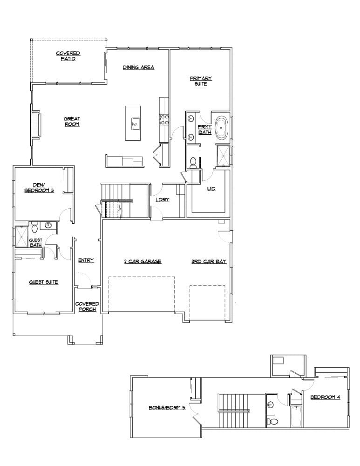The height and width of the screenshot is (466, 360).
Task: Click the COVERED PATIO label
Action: point(68,56)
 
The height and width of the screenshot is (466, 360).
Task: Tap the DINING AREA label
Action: point(138,68)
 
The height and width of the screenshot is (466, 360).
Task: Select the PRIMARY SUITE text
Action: point(201,81)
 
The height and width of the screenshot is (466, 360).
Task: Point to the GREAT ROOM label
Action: point(72,122)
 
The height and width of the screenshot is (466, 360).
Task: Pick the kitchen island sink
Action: point(135,123)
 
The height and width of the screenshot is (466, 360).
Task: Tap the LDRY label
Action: point(162,200)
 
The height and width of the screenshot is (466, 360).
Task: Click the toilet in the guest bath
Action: point(34,228)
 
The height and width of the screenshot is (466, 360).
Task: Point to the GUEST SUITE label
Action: point(44,282)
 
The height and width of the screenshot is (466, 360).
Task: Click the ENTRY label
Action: point(86,260)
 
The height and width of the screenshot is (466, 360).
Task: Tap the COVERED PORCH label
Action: point(87,307)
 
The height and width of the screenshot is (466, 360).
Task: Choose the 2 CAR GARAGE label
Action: point(143,261)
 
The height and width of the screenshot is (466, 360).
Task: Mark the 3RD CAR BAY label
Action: point(209,261)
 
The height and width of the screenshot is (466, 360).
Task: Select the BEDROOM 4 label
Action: point(325,397)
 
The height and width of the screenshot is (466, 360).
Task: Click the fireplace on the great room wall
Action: point(35,126)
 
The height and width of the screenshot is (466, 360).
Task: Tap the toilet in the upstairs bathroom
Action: point(272,422)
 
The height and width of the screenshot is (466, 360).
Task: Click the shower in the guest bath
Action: point(21,236)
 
